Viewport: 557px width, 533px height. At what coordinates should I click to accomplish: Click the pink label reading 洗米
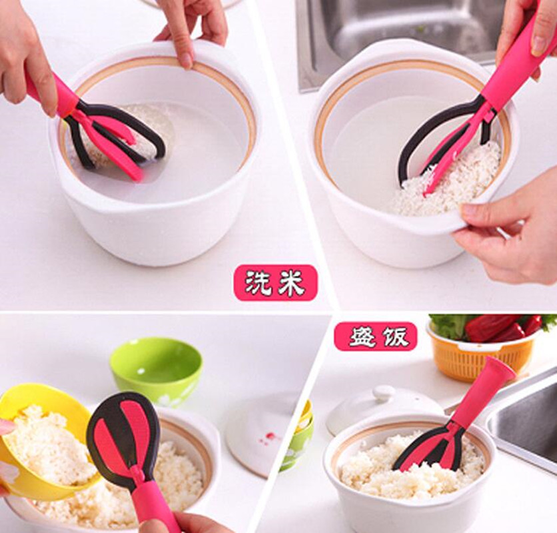tap(275, 283)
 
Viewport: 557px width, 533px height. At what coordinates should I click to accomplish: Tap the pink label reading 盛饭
tap(376, 336)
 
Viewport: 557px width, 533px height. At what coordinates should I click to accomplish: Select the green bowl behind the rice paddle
tap(157, 372)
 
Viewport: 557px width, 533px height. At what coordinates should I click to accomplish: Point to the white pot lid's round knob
tap(382, 394)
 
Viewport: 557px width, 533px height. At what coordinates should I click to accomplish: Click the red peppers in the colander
tap(504, 328)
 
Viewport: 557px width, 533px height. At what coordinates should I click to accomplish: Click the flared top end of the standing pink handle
tap(501, 367)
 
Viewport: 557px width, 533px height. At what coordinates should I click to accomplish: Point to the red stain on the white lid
tap(269, 438)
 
